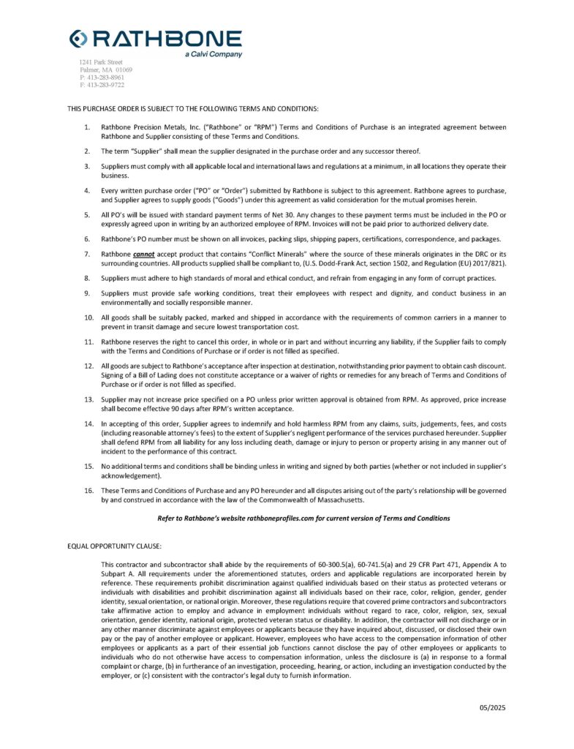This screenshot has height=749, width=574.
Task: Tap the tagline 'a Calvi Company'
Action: (x=214, y=55)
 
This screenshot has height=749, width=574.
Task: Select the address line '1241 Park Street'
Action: (x=101, y=62)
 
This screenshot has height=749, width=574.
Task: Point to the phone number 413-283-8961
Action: (x=105, y=77)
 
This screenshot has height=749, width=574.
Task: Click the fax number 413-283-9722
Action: (x=105, y=85)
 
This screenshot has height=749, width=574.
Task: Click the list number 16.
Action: (x=88, y=490)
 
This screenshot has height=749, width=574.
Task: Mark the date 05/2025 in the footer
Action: (x=491, y=707)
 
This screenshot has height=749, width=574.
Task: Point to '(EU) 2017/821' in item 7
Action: (x=478, y=262)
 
